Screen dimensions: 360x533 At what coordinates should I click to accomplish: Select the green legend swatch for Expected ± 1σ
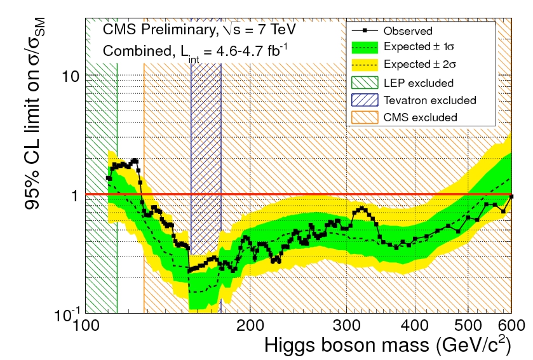coord(365,48)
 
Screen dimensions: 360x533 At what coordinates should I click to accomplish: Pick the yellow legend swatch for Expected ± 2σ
coord(365,65)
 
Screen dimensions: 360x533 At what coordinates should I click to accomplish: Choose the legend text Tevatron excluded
coord(429,100)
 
